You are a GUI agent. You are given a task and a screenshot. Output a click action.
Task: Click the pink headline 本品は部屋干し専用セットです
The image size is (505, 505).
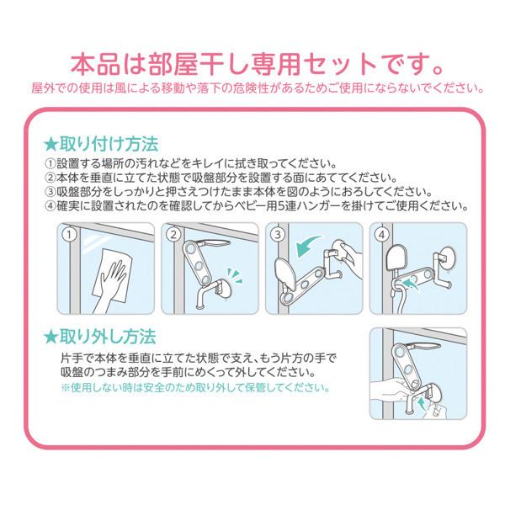pyautogui.click(x=252, y=62)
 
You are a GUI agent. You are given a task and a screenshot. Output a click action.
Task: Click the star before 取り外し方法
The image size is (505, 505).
pyautogui.click(x=52, y=337)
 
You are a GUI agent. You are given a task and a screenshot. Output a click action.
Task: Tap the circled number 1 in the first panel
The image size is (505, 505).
pyautogui.click(x=72, y=234)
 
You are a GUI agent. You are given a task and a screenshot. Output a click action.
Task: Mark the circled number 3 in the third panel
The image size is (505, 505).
pyautogui.click(x=277, y=234)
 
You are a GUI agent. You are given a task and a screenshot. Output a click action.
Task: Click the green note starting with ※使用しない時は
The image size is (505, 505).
pyautogui.click(x=195, y=388)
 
